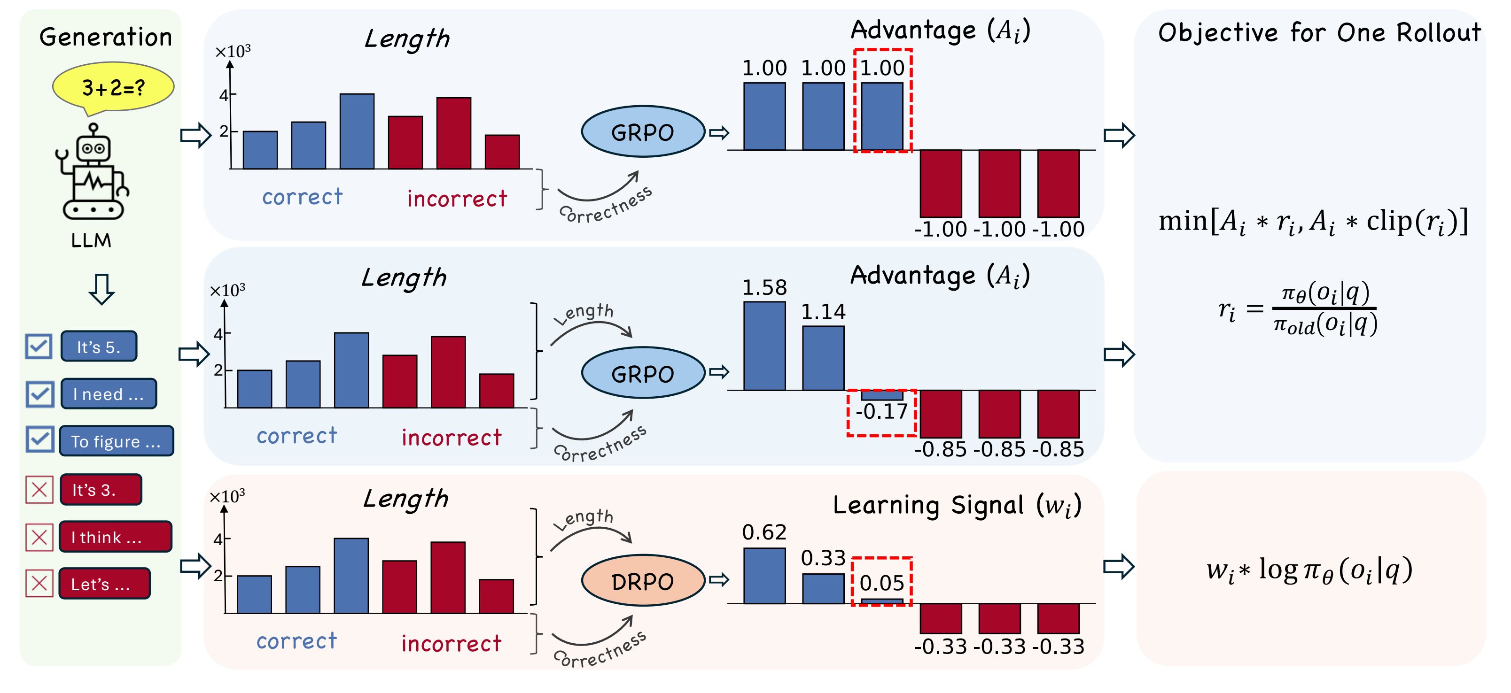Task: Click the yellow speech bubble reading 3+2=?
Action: pos(113,87)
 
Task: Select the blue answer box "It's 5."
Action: pos(99,346)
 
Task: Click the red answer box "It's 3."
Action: pos(100,490)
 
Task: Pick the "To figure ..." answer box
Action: pos(116,441)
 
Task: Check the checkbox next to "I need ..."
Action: pos(39,394)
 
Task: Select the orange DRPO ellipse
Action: pos(643,580)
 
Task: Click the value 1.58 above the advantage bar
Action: pos(764,287)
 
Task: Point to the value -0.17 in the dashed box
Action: pos(881,412)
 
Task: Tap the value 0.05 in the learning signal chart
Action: pos(881,583)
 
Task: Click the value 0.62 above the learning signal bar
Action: pos(764,532)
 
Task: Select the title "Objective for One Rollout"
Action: pos(1319,33)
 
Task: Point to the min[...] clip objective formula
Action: pos(1313,222)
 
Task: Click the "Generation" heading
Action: pos(106,37)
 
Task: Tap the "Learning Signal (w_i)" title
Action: pos(957,505)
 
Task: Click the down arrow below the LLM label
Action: pos(101,288)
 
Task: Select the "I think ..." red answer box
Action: pos(115,537)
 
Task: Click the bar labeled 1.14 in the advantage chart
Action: pos(823,358)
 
